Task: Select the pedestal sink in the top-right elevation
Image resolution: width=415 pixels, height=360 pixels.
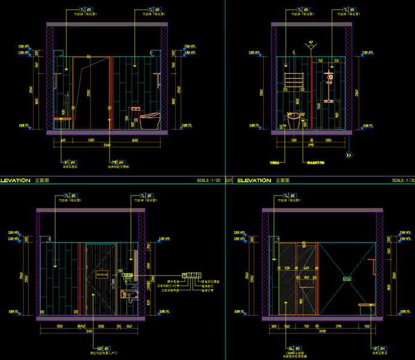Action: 294,120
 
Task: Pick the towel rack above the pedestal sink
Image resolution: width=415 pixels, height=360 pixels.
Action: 294,80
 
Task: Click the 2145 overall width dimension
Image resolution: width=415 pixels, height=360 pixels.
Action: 311,145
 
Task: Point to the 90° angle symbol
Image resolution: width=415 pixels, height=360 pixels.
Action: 311,43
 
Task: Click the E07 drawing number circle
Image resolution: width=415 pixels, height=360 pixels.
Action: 228,180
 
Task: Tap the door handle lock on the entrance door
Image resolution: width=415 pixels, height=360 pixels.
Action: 114,280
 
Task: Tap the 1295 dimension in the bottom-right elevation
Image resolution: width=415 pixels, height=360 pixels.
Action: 339,326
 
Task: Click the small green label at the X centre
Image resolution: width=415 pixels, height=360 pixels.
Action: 347,278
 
